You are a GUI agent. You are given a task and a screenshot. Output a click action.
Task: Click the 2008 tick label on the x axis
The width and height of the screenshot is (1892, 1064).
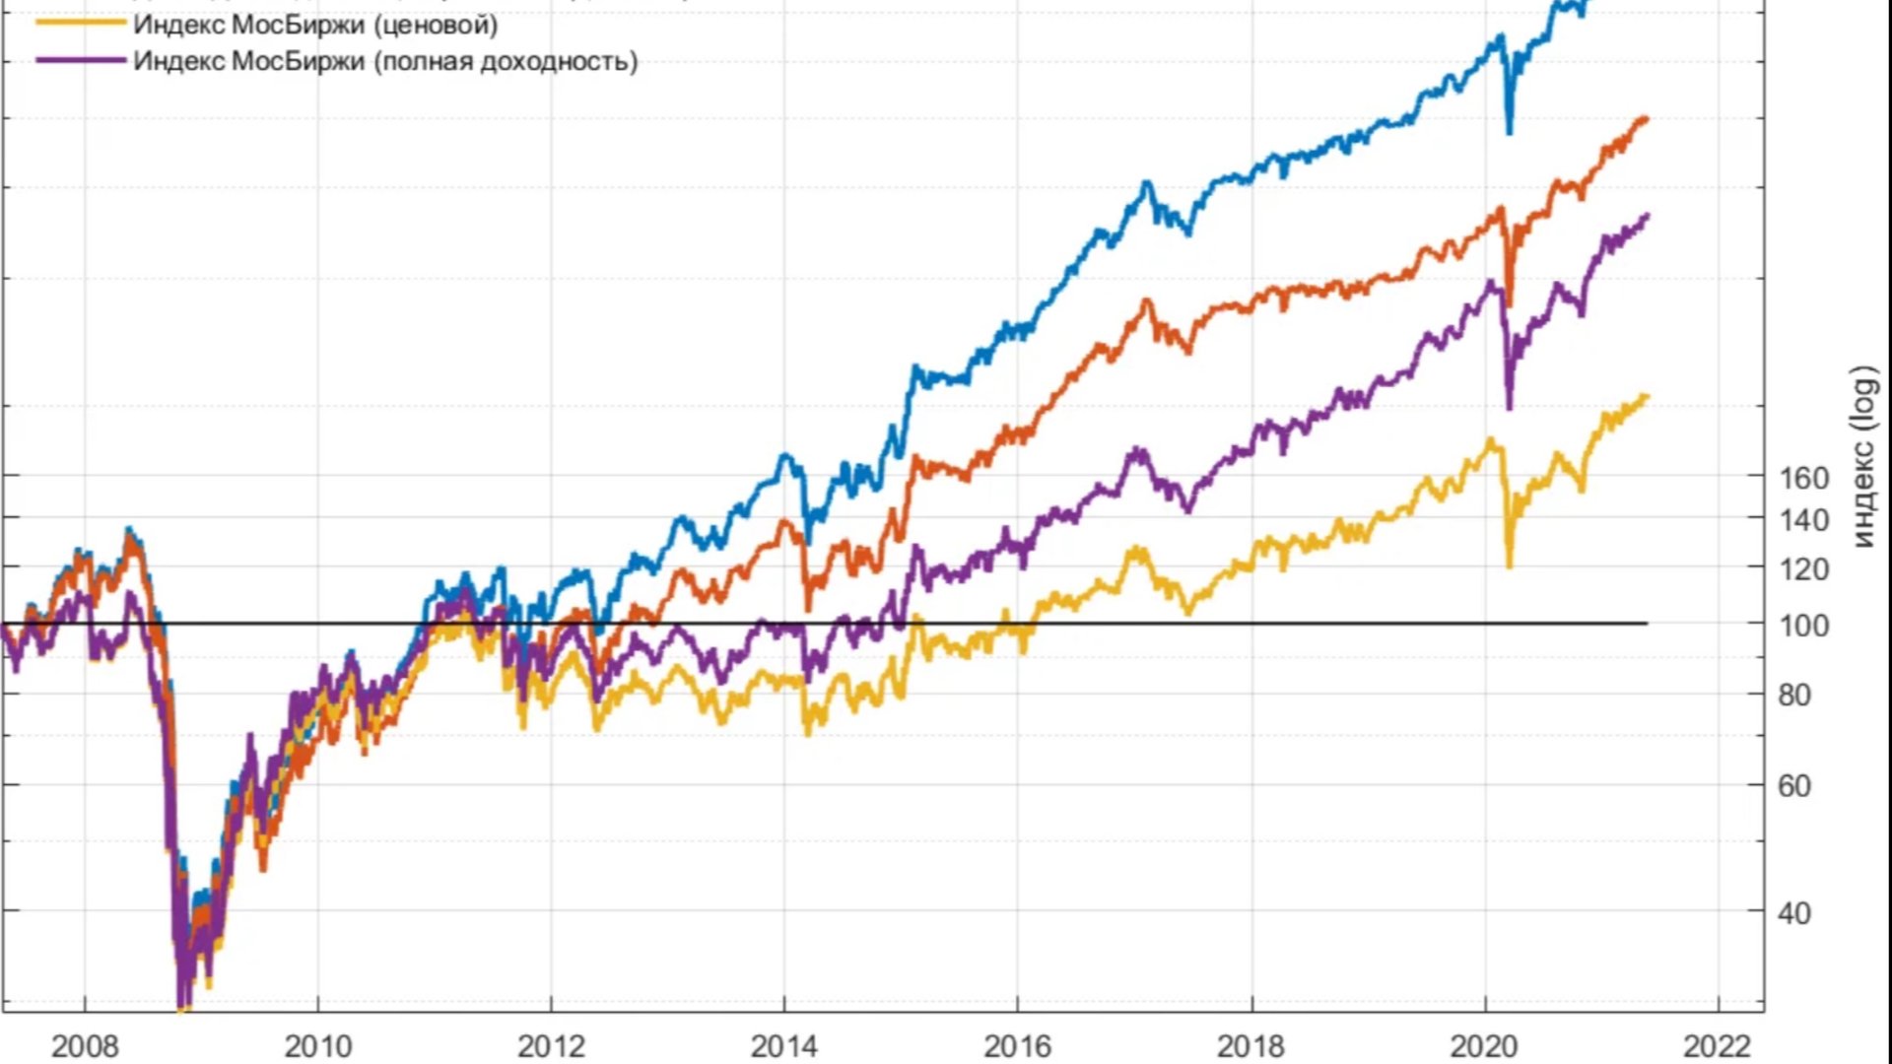[85, 1045]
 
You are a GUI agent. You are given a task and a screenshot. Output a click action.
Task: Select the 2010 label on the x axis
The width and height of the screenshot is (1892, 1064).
[317, 1045]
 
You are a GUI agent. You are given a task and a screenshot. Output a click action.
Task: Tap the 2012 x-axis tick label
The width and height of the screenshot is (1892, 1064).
[551, 1045]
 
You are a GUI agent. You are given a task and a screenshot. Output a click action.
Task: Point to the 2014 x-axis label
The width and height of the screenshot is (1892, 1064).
[784, 1045]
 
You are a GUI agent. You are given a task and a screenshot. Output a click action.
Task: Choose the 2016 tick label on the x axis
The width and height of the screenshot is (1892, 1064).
[1018, 1045]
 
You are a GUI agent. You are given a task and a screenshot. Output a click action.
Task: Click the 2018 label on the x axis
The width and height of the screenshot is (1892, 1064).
[1251, 1045]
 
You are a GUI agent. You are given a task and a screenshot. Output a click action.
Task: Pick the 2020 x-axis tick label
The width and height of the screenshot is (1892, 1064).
[1485, 1045]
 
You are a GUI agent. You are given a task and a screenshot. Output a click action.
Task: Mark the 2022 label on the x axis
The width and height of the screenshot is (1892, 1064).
[1719, 1045]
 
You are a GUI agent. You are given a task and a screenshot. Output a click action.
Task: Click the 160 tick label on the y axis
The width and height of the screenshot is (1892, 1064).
[1803, 479]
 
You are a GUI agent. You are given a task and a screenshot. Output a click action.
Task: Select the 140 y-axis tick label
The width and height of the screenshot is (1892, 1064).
[1803, 520]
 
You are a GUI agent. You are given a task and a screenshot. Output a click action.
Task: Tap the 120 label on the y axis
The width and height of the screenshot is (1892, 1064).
[1803, 569]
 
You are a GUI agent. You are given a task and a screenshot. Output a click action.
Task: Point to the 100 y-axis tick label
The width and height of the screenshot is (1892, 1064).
[1803, 626]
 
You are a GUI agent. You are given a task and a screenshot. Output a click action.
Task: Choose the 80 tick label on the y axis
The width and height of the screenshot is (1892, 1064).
[1794, 696]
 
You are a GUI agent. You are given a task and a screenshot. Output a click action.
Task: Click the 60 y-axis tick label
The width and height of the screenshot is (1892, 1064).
[1794, 786]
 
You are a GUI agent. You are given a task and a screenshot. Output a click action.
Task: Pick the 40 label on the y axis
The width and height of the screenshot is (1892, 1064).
[1794, 913]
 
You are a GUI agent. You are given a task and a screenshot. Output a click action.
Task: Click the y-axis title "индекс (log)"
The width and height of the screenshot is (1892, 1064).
[1863, 456]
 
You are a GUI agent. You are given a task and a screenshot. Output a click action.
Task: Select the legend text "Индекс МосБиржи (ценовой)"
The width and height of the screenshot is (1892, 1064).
[315, 25]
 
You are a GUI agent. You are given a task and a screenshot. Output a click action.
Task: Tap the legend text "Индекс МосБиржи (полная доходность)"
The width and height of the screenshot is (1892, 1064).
[385, 61]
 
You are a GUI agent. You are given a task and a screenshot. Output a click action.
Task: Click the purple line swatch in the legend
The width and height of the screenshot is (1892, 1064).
[81, 60]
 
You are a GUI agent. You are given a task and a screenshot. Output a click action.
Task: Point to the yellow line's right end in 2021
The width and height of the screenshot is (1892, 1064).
[1646, 397]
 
